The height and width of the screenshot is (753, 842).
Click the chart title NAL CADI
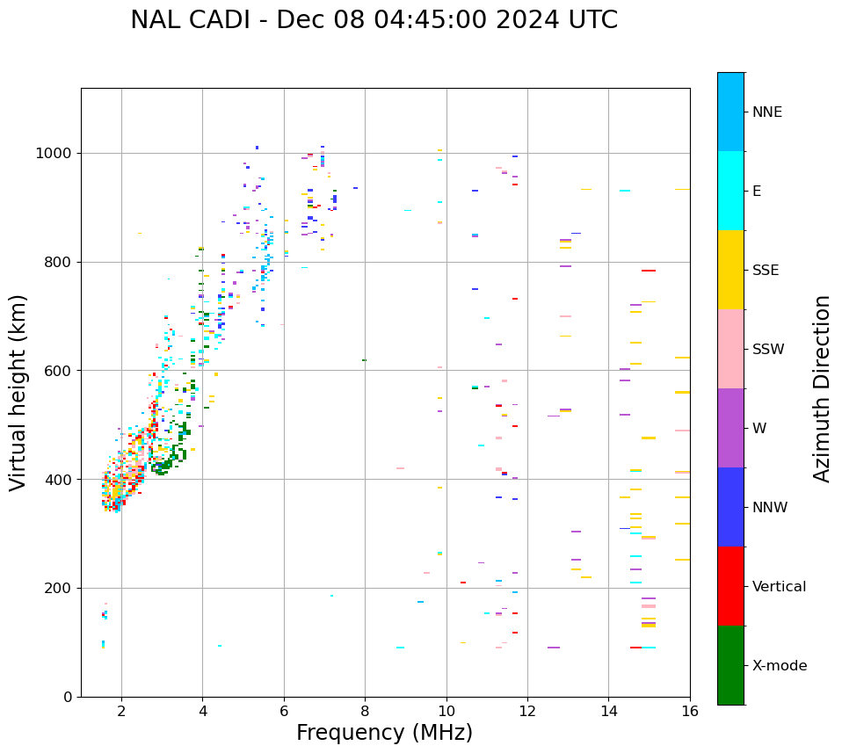click(x=374, y=20)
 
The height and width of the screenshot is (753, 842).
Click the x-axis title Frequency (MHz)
click(x=384, y=733)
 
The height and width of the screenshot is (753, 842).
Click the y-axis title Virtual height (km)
click(x=18, y=392)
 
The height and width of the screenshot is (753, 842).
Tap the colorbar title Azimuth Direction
click(x=822, y=388)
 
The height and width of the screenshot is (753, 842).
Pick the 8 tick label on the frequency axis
click(x=365, y=711)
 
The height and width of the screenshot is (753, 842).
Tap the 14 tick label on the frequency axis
click(x=609, y=711)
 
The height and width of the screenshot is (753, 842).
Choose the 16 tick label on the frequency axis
click(x=690, y=711)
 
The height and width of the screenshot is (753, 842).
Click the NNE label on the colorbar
click(x=766, y=112)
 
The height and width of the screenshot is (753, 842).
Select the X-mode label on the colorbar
click(x=779, y=666)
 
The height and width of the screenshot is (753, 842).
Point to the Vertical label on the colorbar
click(x=779, y=587)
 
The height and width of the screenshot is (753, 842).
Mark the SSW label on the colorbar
click(x=768, y=350)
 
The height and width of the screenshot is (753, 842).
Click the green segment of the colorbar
click(x=730, y=665)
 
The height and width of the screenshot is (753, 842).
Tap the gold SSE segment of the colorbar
click(x=730, y=270)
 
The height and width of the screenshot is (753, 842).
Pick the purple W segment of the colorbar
click(x=730, y=428)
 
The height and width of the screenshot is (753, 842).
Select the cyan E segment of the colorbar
click(x=730, y=191)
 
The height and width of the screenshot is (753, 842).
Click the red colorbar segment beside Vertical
click(x=730, y=586)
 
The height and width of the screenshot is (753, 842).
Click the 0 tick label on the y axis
click(x=67, y=697)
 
